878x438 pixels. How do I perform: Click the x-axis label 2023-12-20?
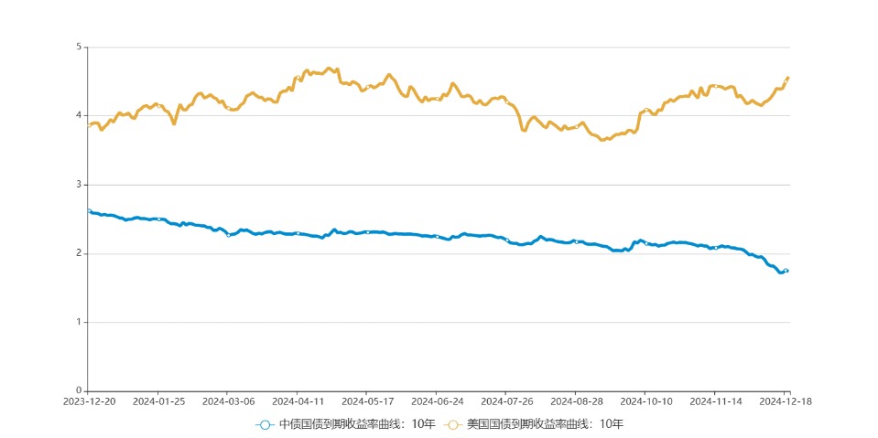(88, 401)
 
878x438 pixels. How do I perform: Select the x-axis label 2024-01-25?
(157, 401)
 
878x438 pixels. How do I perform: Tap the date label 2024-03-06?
(228, 401)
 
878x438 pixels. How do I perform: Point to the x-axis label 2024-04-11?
(298, 401)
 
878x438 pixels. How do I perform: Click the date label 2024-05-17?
(367, 401)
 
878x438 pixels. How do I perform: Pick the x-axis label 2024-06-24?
(438, 401)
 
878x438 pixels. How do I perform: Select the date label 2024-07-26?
(507, 401)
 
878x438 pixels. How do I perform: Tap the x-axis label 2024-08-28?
(577, 401)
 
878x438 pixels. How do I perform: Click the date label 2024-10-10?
(647, 401)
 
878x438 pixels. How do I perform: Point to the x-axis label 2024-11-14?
(717, 401)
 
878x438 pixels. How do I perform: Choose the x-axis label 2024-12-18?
(786, 401)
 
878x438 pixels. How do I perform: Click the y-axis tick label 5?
(79, 47)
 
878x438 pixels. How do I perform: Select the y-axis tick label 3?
(79, 185)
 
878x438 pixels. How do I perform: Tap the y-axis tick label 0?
(79, 391)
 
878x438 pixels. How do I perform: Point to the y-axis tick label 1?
(79, 322)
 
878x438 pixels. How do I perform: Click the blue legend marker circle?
(265, 424)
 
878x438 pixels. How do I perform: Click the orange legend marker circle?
(452, 424)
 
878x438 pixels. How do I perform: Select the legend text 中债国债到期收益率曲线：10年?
(357, 424)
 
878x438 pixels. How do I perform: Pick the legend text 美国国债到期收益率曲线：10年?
(545, 424)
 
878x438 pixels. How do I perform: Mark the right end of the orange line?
(788, 78)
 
